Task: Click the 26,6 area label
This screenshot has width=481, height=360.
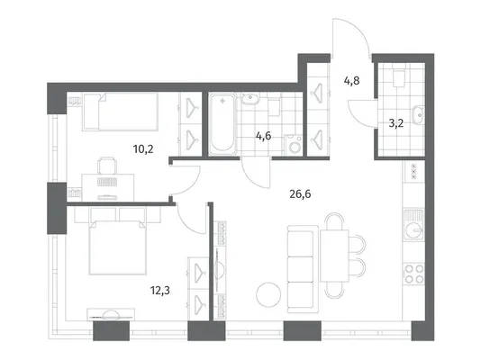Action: pos(300,193)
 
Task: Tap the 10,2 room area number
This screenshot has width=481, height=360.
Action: pos(143,149)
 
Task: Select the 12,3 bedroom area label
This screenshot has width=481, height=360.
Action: pos(160,290)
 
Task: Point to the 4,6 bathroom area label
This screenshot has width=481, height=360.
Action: pos(264,135)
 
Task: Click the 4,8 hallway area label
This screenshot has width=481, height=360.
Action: pos(351,81)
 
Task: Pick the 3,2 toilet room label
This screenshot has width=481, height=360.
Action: pos(396,123)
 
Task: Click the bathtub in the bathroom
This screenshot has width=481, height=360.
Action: pos(222,124)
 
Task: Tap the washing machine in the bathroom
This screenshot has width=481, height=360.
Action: pos(295,146)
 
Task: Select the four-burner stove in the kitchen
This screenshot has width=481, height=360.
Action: pos(414,274)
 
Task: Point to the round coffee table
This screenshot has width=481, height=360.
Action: pos(268,294)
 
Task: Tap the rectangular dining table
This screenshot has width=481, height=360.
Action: pos(334,256)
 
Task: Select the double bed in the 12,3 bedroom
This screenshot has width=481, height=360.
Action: pos(117,247)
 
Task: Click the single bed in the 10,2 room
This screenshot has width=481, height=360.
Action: pos(120,112)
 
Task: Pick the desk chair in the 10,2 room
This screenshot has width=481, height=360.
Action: pos(107,166)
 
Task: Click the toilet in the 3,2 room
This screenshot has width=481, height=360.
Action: pos(399,76)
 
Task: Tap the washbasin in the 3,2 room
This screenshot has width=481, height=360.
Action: pos(419,114)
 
